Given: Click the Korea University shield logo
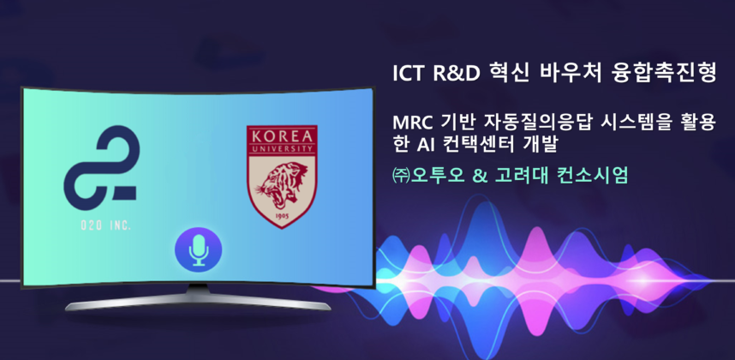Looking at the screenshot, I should tap(281, 177).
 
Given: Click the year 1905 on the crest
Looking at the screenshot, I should tap(281, 219).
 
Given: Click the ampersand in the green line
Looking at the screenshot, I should tap(479, 175).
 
